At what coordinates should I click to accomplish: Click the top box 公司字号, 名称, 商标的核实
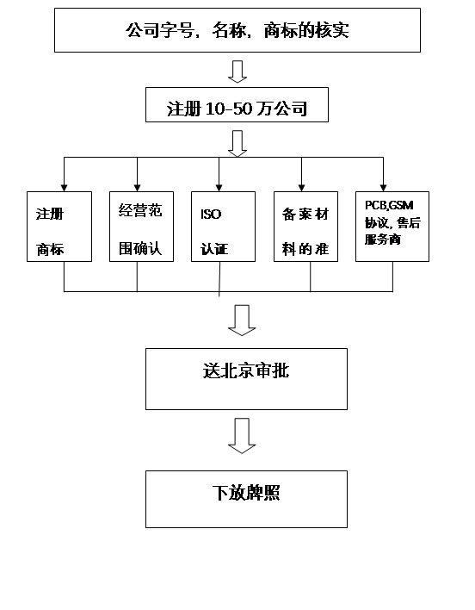tap(237, 31)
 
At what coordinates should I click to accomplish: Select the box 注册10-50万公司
tap(237, 109)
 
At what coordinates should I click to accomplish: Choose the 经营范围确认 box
tap(141, 226)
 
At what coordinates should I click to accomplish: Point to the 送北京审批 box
tap(246, 378)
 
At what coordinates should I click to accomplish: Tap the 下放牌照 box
tap(246, 498)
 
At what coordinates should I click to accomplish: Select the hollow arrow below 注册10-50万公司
tap(237, 143)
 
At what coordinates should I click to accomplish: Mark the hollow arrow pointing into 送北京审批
tap(242, 321)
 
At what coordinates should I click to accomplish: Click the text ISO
tap(211, 213)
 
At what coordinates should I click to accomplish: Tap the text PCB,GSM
tap(389, 205)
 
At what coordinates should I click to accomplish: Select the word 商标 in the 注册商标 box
tap(50, 251)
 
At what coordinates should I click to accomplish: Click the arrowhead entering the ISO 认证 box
tap(219, 185)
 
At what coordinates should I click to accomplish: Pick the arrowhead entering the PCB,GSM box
tap(383, 185)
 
